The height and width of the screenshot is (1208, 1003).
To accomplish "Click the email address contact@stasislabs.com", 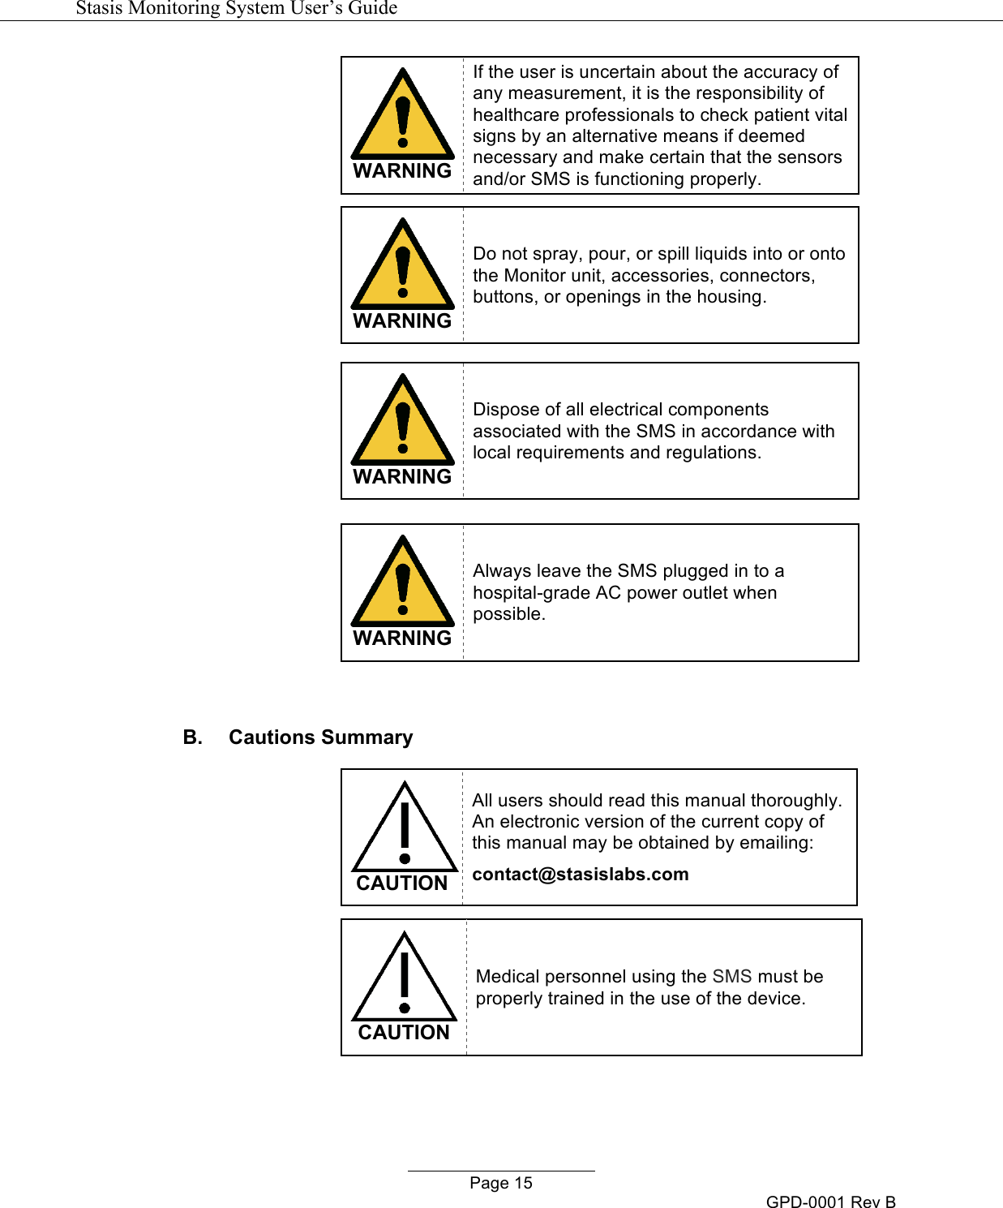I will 580,875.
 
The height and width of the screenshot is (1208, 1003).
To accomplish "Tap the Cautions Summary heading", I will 320,737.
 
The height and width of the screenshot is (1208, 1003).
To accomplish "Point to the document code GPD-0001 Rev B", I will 830,1202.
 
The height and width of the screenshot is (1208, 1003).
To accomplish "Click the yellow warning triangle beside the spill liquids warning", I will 403,267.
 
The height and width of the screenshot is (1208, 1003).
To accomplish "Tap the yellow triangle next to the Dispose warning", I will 403,423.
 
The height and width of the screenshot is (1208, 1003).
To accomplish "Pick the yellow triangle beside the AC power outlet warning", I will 403,584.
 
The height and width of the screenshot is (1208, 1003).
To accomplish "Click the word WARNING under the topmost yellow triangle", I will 402,171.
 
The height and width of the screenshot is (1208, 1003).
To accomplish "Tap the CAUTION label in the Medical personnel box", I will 404,1033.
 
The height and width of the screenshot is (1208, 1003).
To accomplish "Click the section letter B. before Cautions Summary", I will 192,737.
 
